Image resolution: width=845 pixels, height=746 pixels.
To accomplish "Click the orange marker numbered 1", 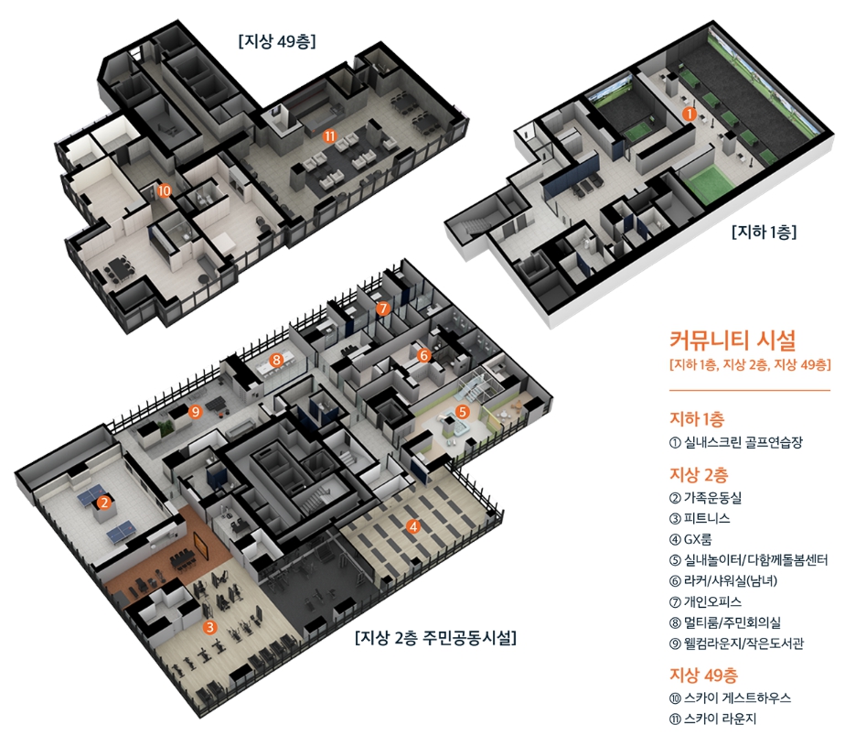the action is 690,114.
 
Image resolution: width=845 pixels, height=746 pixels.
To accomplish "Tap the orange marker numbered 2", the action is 104,503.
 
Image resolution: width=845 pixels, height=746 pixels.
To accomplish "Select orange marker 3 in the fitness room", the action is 209,627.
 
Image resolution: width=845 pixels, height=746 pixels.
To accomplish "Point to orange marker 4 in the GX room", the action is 413,526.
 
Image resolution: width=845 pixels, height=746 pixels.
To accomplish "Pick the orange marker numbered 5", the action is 463,412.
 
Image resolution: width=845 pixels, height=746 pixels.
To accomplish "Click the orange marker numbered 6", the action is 423,354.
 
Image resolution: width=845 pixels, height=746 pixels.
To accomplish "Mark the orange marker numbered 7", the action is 382,309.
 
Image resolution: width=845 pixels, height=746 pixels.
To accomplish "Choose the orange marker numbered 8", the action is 275,361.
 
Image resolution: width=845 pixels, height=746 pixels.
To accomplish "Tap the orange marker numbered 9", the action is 194,412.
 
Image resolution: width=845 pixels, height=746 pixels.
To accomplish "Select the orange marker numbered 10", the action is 164,191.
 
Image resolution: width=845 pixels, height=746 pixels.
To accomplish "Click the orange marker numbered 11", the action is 330,135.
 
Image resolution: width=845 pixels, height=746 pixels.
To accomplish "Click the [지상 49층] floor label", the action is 276,40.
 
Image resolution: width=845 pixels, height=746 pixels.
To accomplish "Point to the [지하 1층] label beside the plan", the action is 764,232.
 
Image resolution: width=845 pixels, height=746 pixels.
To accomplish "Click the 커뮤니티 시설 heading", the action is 733,341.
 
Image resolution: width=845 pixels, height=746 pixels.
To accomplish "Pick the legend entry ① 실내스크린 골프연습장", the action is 736,442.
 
